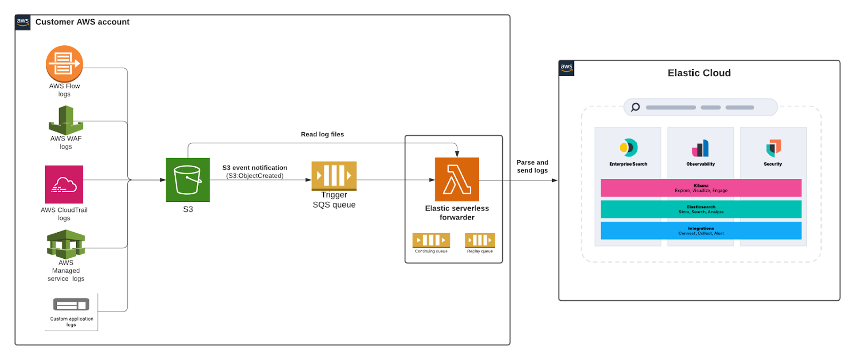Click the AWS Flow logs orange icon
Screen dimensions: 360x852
pos(64,64)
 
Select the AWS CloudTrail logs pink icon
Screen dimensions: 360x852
pos(64,184)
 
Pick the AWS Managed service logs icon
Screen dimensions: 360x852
pos(66,244)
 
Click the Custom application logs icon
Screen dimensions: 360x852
pos(71,305)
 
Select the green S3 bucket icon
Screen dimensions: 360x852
pos(187,180)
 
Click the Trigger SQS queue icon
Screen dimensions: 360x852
pos(334,175)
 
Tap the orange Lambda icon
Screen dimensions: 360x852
pos(457,179)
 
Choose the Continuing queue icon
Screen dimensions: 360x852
pos(431,240)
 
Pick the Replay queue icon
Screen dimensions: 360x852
pos(480,240)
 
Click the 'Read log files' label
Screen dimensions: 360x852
pos(322,134)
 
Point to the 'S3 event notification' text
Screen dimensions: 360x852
pos(255,168)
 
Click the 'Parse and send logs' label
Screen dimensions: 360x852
pos(532,166)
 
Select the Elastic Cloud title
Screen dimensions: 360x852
pos(699,73)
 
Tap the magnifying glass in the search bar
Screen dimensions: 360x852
pos(635,107)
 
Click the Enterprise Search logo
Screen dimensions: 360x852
pos(628,148)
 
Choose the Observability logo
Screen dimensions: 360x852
pos(701,148)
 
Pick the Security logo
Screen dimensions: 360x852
pos(773,148)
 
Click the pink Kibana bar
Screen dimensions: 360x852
pos(701,188)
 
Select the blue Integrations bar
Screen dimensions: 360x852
pos(701,231)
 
